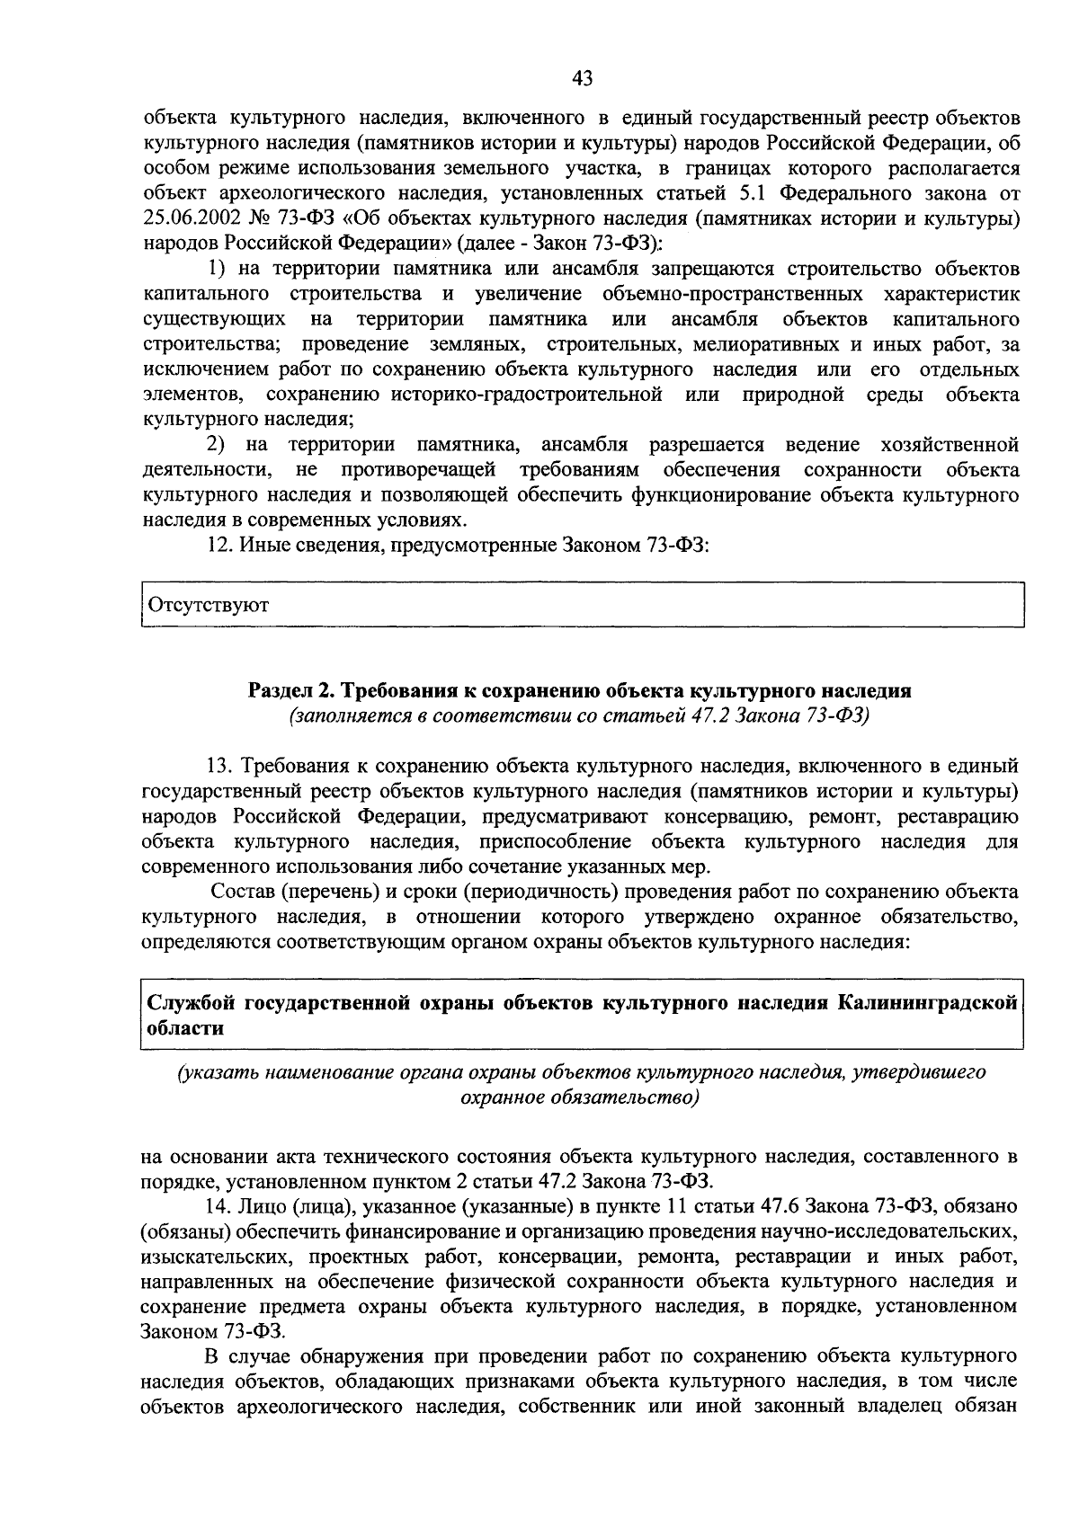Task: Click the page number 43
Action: [582, 79]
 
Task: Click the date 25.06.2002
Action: [192, 218]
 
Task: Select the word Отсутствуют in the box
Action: [209, 605]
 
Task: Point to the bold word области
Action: [185, 1028]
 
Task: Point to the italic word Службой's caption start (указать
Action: [209, 1072]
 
